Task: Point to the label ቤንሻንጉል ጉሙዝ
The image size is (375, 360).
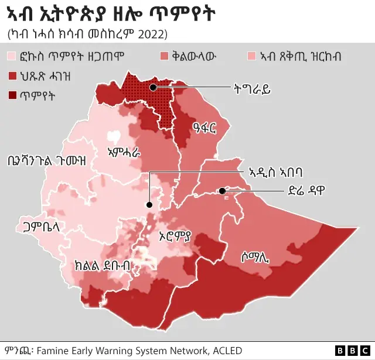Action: click(46, 160)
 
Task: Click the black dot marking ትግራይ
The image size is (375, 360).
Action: click(153, 87)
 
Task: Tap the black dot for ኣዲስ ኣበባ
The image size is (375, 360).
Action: click(149, 205)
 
